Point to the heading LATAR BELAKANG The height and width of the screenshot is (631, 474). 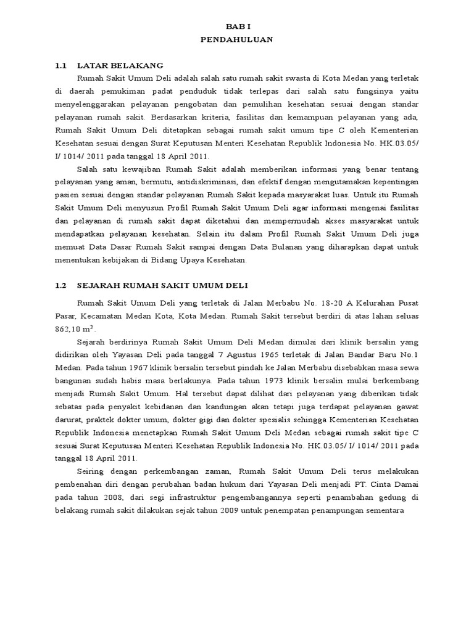point(120,65)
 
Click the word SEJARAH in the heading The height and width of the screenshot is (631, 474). point(98,285)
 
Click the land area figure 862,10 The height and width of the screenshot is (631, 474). point(69,330)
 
